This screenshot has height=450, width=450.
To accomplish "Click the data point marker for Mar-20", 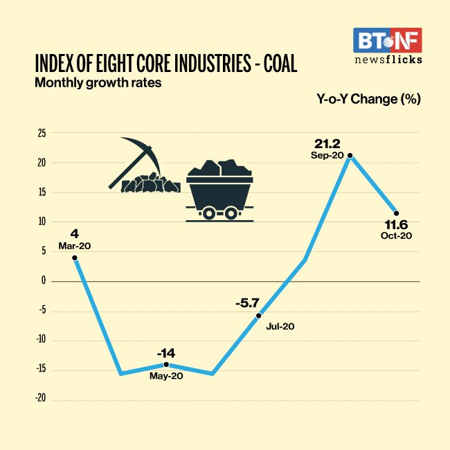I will [74, 258].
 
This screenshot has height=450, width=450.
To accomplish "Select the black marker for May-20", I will [165, 364].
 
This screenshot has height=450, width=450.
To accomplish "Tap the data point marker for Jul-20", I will [259, 315].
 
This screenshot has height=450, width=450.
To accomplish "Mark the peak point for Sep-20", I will [350, 156].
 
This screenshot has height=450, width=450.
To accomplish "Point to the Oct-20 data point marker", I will [396, 213].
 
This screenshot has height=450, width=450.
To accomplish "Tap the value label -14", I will [165, 351].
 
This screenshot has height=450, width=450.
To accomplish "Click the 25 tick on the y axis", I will [42, 133].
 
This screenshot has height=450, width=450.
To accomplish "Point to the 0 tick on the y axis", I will [43, 281].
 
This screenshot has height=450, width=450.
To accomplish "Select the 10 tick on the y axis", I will [42, 222].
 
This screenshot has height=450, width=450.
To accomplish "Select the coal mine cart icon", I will [219, 190].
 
